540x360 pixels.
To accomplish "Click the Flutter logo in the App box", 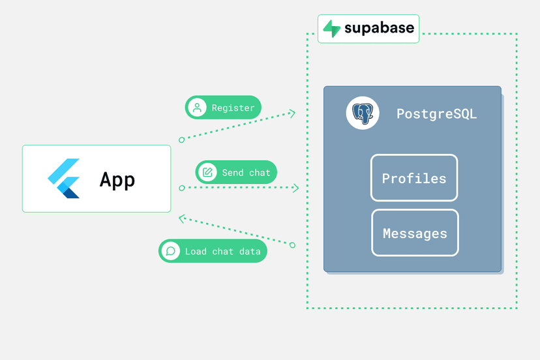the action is [x=64, y=179].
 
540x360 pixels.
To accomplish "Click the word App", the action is [x=117, y=180].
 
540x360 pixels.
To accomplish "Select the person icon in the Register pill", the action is [x=198, y=108].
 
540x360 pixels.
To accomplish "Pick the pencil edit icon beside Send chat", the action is [x=207, y=172].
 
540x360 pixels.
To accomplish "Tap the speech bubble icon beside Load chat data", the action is [x=171, y=251].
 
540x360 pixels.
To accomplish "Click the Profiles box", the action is [x=414, y=178].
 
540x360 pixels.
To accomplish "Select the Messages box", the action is [x=415, y=233].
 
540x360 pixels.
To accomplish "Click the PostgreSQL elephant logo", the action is [x=363, y=113].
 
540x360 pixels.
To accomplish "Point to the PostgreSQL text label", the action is [x=437, y=114].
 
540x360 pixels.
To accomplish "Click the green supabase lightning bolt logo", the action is [x=332, y=29].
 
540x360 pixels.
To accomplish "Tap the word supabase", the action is [x=379, y=28].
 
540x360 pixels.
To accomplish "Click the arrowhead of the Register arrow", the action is [x=292, y=113].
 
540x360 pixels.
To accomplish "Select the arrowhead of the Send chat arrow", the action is [x=296, y=188].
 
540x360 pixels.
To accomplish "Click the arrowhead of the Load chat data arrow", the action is [x=182, y=218].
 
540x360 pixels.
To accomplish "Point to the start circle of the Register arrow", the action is [x=182, y=140].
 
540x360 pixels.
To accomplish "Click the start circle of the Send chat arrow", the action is [x=182, y=188].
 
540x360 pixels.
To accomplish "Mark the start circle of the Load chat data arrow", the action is [x=292, y=245].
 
